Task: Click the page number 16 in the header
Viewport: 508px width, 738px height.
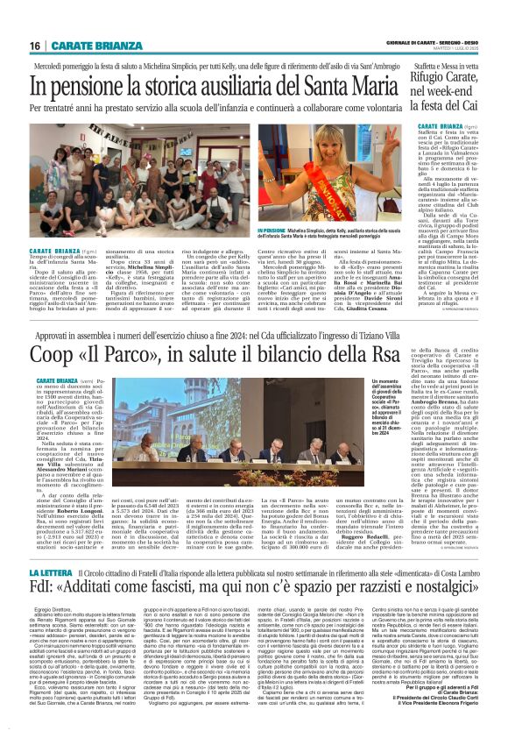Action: [x=34, y=46]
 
